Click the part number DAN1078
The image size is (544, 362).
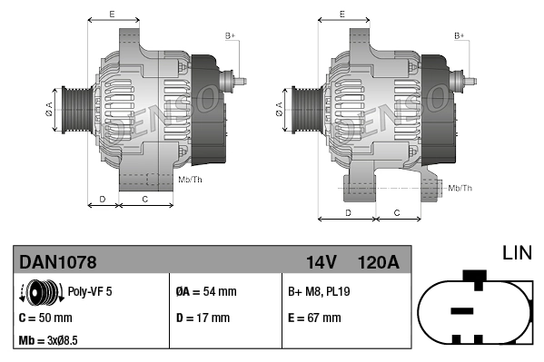(58, 263)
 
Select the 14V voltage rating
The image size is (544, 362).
(321, 263)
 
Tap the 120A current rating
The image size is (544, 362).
(379, 263)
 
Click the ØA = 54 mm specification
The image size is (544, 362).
(205, 292)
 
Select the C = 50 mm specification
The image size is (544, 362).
(45, 318)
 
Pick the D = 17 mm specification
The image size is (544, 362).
(202, 318)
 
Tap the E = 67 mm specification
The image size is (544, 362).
(314, 318)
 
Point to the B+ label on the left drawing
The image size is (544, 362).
(230, 35)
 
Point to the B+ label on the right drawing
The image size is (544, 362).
(460, 35)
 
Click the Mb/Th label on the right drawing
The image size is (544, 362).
(460, 188)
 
